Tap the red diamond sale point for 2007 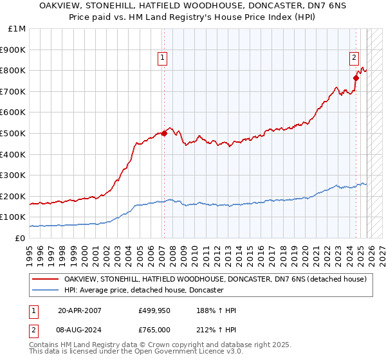point(164,133)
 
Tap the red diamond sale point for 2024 point(356,78)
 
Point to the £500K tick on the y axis point(13,133)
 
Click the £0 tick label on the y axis point(21,238)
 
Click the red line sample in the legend point(46,279)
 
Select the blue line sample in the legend point(46,290)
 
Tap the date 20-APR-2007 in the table point(80,310)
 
